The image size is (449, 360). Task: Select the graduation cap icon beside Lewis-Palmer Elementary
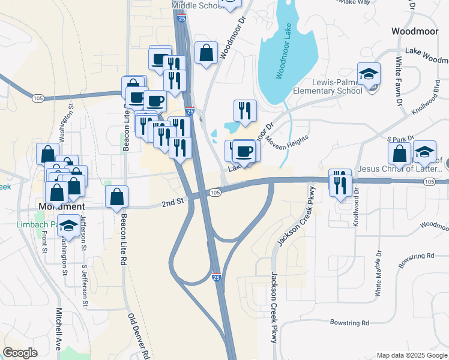(369, 75)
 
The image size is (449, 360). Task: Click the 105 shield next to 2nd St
(216, 192)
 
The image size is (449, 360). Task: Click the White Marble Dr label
(378, 273)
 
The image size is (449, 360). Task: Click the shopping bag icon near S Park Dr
(400, 154)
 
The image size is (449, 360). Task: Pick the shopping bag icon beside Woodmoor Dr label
(206, 53)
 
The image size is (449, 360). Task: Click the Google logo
(20, 353)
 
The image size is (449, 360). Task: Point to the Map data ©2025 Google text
(411, 355)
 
